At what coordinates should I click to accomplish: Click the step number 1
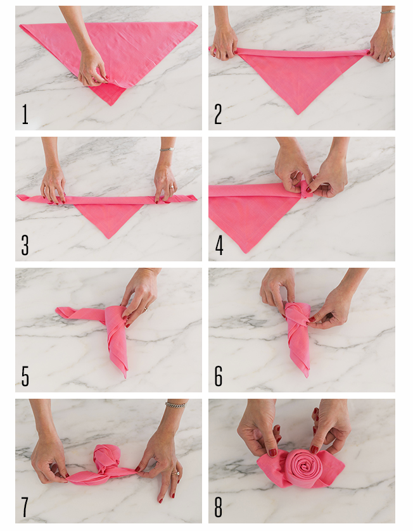click(25, 114)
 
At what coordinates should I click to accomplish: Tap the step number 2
click(218, 114)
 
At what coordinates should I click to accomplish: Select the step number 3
click(25, 245)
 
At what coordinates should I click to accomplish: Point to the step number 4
click(219, 245)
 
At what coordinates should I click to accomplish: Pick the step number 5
click(25, 376)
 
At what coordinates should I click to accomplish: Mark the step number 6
click(219, 376)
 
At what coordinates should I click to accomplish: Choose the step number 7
click(25, 507)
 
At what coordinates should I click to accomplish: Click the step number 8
click(219, 507)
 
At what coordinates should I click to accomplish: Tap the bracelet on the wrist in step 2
click(387, 11)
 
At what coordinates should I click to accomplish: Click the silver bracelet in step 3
click(167, 149)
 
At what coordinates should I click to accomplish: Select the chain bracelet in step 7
click(176, 404)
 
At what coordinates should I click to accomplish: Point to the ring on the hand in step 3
click(172, 187)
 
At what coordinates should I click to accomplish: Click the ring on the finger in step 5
click(146, 309)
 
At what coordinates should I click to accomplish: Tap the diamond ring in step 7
click(176, 474)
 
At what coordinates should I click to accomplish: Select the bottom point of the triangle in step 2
click(298, 114)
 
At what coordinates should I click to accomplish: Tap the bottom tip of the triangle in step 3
click(109, 238)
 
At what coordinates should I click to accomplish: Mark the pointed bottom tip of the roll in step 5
click(125, 377)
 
